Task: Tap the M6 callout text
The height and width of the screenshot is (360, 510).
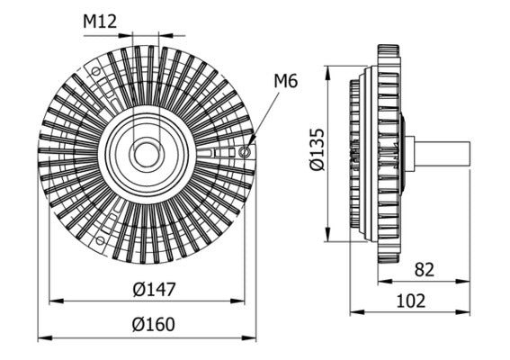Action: coord(285,82)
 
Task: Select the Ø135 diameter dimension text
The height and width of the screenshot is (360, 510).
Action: coord(314,152)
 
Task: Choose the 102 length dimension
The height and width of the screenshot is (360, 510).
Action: coord(411,301)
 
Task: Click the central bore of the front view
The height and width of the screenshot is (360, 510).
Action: coord(146,154)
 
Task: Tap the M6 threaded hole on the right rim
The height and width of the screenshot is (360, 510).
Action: coord(245,153)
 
